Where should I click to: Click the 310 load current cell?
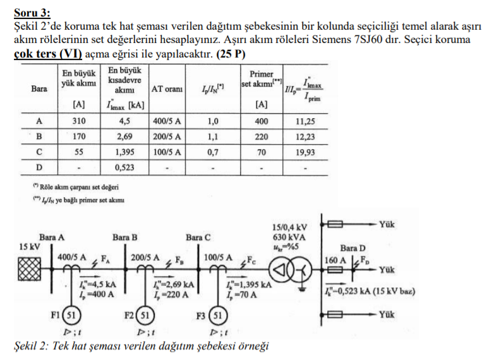(x=79, y=121)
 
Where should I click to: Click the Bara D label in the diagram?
(x=354, y=248)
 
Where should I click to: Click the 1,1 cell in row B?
(x=213, y=136)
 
